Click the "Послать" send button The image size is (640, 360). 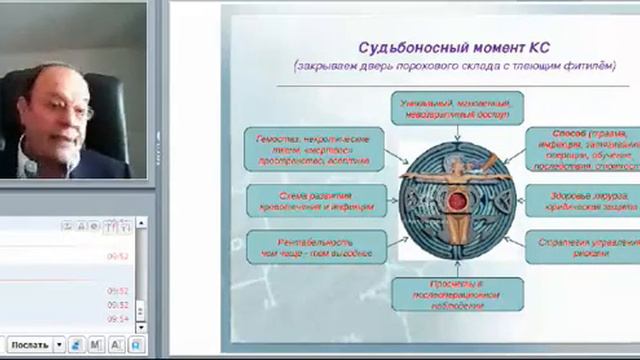(29, 345)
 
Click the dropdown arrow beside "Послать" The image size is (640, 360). (59, 345)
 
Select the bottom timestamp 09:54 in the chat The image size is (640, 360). (118, 318)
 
